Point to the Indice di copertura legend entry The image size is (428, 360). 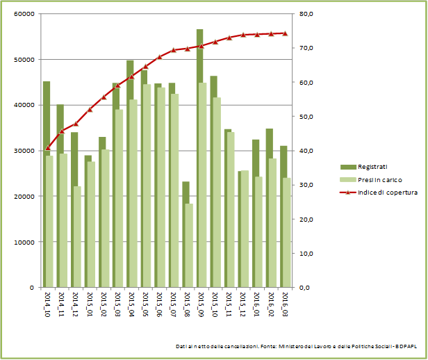tap(379, 192)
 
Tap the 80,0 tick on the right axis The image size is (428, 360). tap(306, 14)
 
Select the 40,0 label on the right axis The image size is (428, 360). tap(306, 151)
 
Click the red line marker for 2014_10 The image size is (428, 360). tap(48, 148)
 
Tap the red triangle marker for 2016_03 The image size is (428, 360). tap(285, 33)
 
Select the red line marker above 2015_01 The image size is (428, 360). tap(90, 109)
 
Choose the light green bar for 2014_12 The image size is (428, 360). tap(77, 236)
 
